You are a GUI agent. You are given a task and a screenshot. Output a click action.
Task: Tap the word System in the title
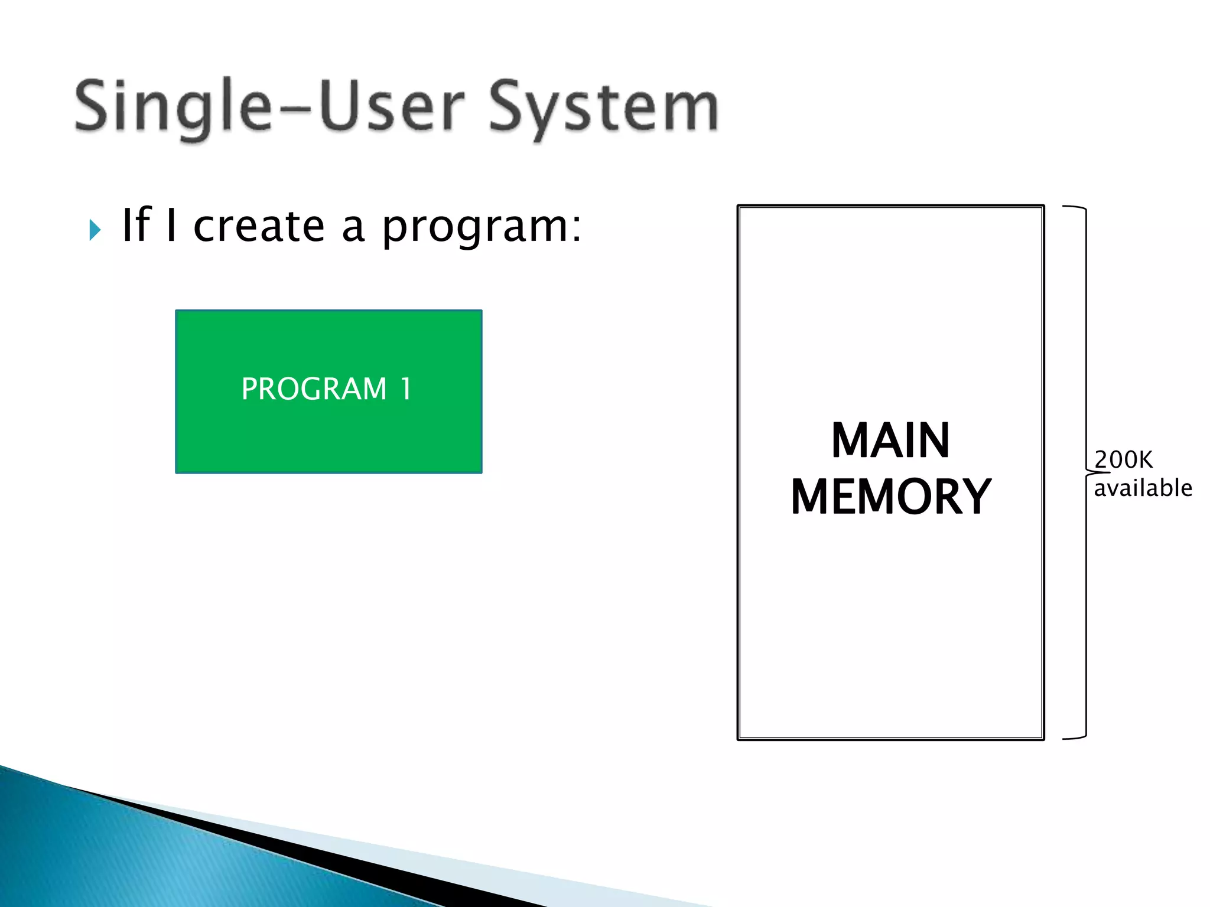coord(603,109)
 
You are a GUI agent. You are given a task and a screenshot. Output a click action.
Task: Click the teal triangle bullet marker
coord(95,230)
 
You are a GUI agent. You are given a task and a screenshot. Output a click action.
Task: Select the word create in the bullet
coord(259,227)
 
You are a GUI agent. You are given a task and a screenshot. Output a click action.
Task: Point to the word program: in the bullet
coord(482,228)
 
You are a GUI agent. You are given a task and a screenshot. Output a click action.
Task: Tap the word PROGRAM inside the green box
coord(314,389)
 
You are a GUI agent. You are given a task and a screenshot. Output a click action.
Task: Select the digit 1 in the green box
coord(405,389)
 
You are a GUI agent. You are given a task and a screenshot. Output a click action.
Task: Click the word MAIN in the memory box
coord(890,441)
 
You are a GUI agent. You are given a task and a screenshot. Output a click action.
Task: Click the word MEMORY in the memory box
coord(890,497)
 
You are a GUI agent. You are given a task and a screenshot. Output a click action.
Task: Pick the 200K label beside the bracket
coord(1123,459)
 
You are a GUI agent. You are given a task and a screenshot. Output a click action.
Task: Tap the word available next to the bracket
coord(1143,488)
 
